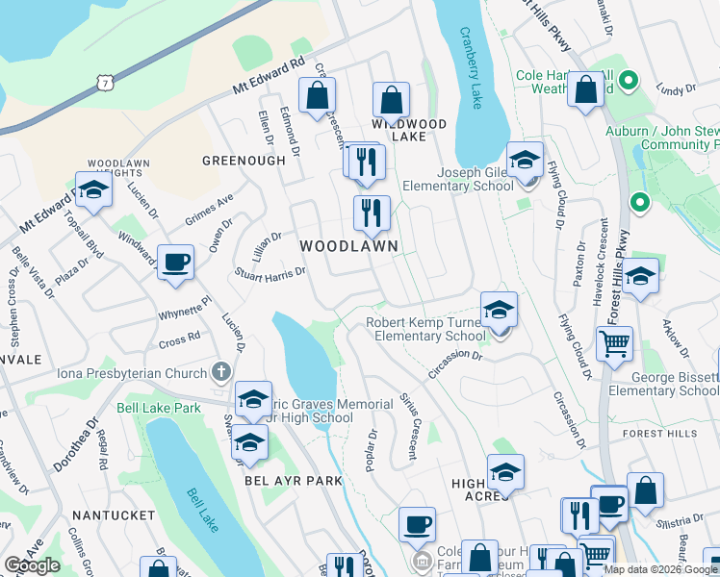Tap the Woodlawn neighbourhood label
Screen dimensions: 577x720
click(x=348, y=246)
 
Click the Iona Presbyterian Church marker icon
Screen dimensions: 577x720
click(x=221, y=373)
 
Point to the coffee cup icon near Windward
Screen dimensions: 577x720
click(x=175, y=263)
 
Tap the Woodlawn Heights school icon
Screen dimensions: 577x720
click(x=94, y=191)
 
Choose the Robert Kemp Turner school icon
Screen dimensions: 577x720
click(x=499, y=311)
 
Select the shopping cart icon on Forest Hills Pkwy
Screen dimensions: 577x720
click(x=614, y=342)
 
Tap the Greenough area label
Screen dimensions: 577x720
click(x=244, y=161)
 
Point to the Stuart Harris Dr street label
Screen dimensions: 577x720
click(x=270, y=272)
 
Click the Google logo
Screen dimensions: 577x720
click(x=32, y=565)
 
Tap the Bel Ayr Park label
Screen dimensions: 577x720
click(x=280, y=479)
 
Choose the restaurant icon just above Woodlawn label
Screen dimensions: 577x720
click(x=372, y=213)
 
